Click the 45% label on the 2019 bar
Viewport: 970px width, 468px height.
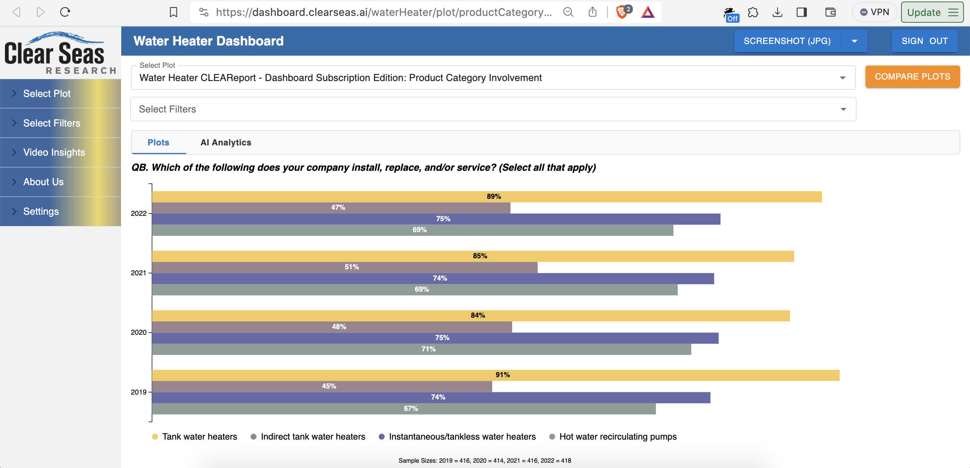pos(329,386)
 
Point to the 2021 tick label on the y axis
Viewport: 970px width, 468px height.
pos(138,273)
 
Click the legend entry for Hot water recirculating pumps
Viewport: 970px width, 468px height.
pos(618,437)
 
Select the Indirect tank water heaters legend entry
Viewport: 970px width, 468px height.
pos(313,437)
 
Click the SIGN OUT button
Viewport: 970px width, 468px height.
pos(925,41)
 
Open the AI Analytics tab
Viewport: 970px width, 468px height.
pos(226,142)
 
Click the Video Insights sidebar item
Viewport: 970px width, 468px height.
pos(54,152)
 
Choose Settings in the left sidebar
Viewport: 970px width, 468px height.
pos(41,211)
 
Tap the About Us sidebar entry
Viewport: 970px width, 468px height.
pos(44,182)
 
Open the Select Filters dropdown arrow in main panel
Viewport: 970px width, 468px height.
pos(843,109)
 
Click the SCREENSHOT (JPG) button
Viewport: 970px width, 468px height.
pos(787,41)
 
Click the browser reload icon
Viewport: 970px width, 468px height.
pos(65,12)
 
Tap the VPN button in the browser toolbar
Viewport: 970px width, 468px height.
pos(875,12)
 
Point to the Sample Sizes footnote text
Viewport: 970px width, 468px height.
pos(485,460)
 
